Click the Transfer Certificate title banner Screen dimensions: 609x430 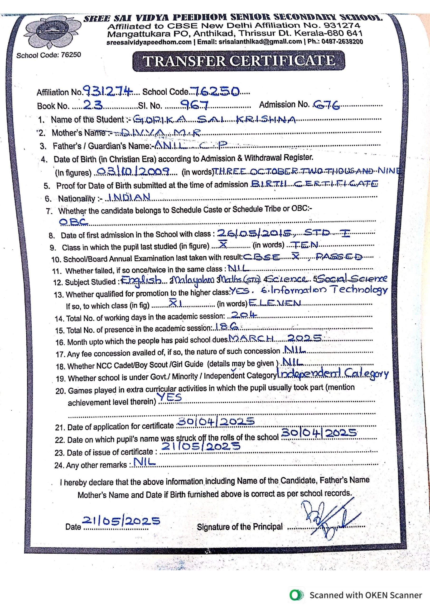tap(239, 61)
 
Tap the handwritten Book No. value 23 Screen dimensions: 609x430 tap(92, 106)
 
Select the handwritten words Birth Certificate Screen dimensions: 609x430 tap(314, 184)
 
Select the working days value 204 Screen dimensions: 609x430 tap(244, 315)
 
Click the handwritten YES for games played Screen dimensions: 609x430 tap(170, 397)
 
